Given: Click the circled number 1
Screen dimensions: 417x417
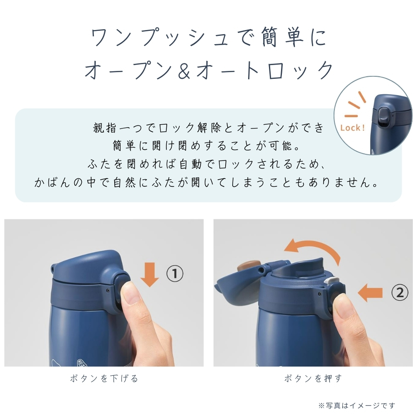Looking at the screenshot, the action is tap(175, 274).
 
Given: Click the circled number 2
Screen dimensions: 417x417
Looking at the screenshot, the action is tap(400, 293).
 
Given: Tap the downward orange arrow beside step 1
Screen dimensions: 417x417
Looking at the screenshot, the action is tap(150, 274).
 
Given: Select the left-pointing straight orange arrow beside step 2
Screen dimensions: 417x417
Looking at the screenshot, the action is tap(370, 293).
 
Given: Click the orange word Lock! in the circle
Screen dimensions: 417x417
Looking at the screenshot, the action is tap(352, 128).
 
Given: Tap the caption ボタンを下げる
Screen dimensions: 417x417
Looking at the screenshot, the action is tap(104, 378).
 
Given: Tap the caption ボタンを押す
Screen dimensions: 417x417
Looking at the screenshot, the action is tap(313, 378).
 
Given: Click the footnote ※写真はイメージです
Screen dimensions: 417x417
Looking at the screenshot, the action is tap(357, 406).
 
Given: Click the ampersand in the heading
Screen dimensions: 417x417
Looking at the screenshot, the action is tap(184, 70).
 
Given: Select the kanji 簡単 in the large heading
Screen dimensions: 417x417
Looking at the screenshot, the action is tap(282, 38).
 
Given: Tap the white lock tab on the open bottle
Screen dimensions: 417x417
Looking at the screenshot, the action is tap(332, 280).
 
